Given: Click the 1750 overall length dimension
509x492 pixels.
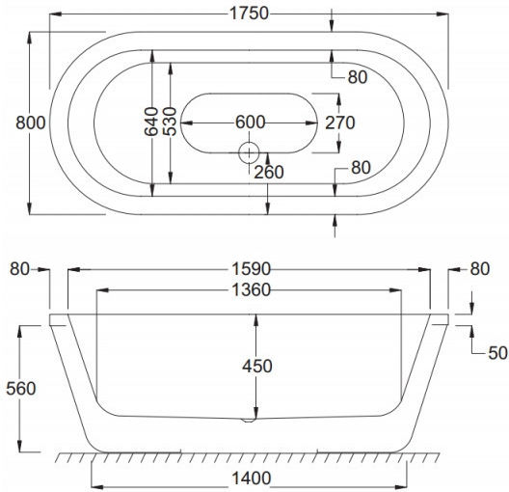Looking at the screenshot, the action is (x=250, y=14).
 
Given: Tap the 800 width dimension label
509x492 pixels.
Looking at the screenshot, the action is (x=31, y=123).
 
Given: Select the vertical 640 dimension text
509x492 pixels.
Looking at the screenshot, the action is (x=151, y=122).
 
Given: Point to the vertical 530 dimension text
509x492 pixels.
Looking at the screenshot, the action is (x=170, y=122).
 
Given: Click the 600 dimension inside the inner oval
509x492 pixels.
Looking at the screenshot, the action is (x=251, y=123).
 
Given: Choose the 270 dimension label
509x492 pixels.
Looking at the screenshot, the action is (x=340, y=123).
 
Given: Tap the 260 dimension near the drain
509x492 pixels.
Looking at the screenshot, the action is (x=269, y=172).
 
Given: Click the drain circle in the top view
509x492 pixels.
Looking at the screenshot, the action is (x=249, y=152).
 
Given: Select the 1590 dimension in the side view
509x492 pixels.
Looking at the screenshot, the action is (x=251, y=269).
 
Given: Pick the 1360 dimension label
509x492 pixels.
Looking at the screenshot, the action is (x=251, y=289).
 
